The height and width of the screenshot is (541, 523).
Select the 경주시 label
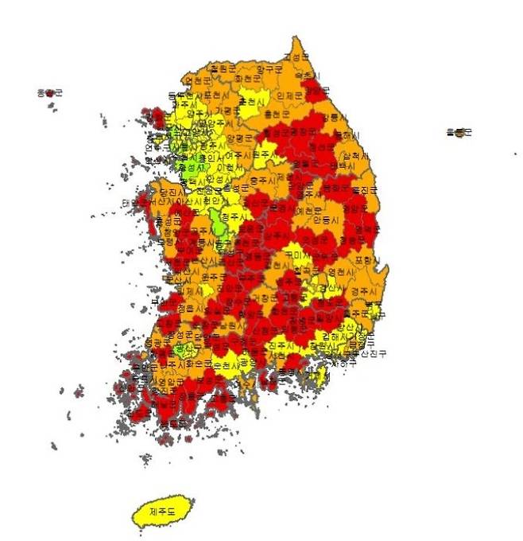pos(362,292)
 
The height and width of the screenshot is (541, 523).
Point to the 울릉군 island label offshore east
pos(459,132)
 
